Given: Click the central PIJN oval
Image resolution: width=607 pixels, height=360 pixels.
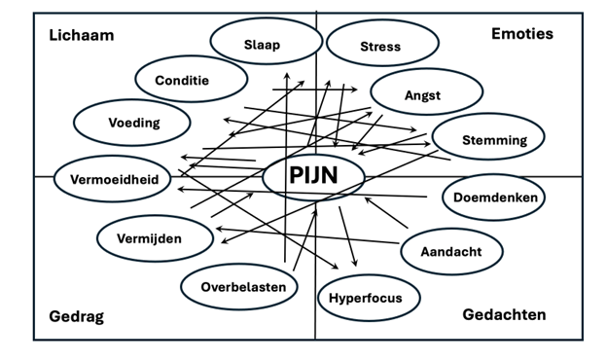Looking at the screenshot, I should tap(313, 176).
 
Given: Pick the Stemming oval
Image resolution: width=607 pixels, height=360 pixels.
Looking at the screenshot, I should tap(493, 139).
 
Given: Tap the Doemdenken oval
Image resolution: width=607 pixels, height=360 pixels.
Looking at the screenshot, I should tap(494, 198).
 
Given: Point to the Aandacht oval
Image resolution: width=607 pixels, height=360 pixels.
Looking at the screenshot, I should tap(451, 250).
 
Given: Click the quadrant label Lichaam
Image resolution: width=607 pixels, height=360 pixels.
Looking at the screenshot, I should tap(82, 35).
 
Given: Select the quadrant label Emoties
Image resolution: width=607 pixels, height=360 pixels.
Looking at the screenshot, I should tap(521, 34).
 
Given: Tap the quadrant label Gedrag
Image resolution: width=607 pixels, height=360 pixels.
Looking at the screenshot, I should tap(76, 316).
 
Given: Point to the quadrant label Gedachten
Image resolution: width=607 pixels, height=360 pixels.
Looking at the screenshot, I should tap(504, 314).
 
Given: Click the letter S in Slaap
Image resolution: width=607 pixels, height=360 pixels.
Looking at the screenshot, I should tap(248, 44).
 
